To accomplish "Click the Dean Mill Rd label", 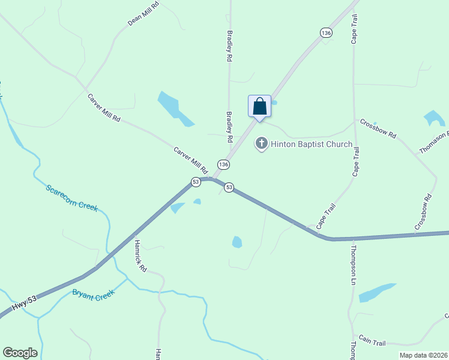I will tap(142, 14).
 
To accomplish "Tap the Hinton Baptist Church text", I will tap(311, 144).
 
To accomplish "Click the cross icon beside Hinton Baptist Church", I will tap(261, 143).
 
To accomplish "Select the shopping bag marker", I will tap(259, 107).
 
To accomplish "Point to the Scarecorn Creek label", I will tap(71, 198).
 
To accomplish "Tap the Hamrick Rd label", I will tap(140, 256).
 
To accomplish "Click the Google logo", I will tap(20, 353).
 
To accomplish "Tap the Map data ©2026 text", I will tap(423, 355).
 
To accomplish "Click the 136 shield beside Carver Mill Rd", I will tap(223, 164).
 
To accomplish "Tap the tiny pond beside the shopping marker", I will tap(274, 103).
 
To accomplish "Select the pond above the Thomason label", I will tap(434, 118).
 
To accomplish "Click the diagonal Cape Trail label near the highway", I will tap(326, 216).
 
